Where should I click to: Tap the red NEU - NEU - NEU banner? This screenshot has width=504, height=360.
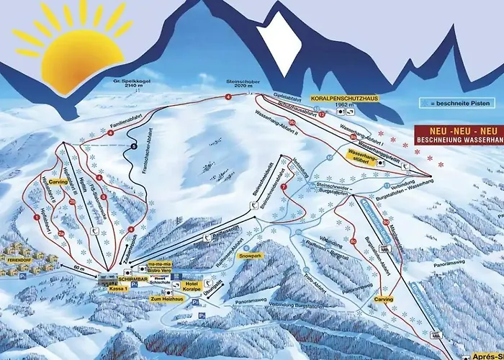click(457, 131)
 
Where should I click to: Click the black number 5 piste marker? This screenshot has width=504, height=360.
click(133, 146)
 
